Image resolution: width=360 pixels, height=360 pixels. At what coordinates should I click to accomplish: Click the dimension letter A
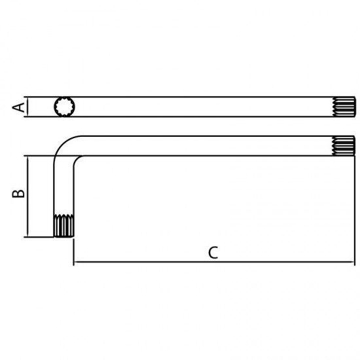pyautogui.click(x=18, y=107)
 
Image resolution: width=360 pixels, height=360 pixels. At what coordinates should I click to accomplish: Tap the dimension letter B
pyautogui.click(x=18, y=194)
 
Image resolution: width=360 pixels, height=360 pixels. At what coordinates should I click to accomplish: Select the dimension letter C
pyautogui.click(x=213, y=253)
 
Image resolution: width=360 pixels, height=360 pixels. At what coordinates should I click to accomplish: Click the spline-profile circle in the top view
pyautogui.click(x=64, y=107)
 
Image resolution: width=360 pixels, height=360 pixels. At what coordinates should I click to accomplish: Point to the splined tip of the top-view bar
pyautogui.click(x=344, y=107)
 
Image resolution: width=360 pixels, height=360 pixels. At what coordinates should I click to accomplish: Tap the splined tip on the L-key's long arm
pyautogui.click(x=344, y=146)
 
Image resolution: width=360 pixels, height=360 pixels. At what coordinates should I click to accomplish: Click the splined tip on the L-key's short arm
pyautogui.click(x=64, y=226)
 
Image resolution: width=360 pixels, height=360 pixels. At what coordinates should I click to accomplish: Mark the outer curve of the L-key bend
pyautogui.click(x=63, y=145)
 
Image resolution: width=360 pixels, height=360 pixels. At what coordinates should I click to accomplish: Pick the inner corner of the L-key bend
pyautogui.click(x=77, y=159)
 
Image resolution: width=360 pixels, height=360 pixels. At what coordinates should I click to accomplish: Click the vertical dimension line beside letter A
pyautogui.click(x=27, y=107)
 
